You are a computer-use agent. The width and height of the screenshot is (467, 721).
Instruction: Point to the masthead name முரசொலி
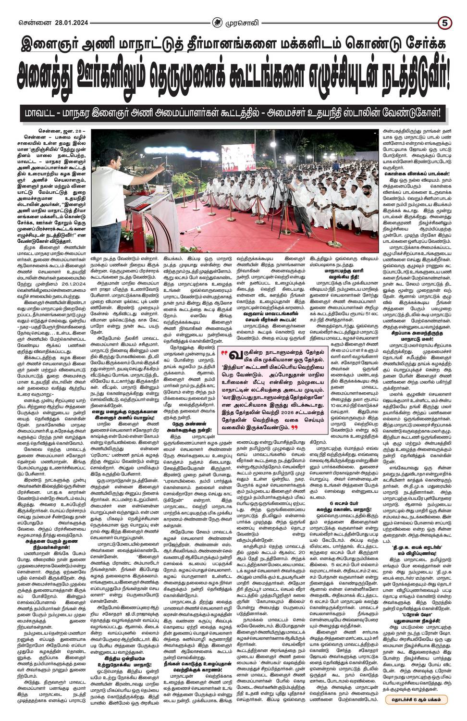tap(247, 8)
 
